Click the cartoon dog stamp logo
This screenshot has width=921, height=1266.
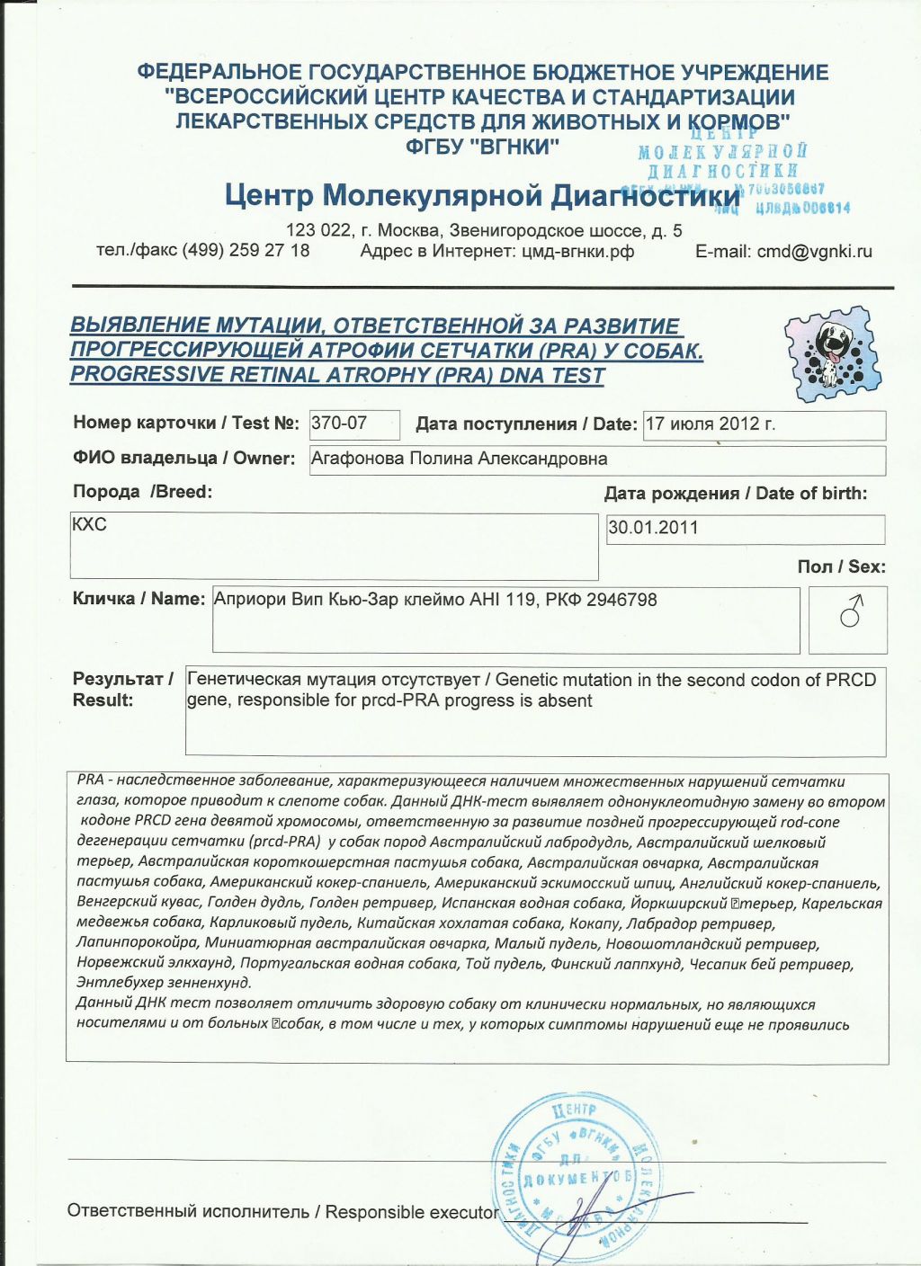pyautogui.click(x=829, y=354)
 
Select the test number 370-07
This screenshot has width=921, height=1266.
pyautogui.click(x=339, y=423)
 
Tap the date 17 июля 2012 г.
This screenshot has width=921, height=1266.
pyautogui.click(x=711, y=423)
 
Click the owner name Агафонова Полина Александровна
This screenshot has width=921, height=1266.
pyautogui.click(x=459, y=459)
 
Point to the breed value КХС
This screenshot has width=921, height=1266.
pyautogui.click(x=89, y=524)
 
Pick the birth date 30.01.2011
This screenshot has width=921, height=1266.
pyautogui.click(x=653, y=528)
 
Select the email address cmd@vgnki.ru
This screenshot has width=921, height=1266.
pyautogui.click(x=814, y=252)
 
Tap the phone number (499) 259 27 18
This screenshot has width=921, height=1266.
pyautogui.click(x=246, y=250)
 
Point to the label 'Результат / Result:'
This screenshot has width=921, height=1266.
pyautogui.click(x=121, y=690)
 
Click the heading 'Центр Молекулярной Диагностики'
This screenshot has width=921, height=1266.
pyautogui.click(x=483, y=195)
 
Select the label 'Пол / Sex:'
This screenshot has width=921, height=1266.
pyautogui.click(x=841, y=566)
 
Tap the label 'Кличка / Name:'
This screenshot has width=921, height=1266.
pyautogui.click(x=139, y=599)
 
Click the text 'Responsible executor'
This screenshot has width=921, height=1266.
pyautogui.click(x=412, y=1212)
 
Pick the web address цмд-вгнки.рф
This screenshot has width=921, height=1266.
pyautogui.click(x=577, y=252)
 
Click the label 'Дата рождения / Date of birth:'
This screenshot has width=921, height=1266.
pyautogui.click(x=736, y=493)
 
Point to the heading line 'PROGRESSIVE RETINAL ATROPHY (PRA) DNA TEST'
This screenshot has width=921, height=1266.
pyautogui.click(x=337, y=376)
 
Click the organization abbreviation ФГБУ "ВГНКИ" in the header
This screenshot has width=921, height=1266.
pyautogui.click(x=482, y=146)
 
